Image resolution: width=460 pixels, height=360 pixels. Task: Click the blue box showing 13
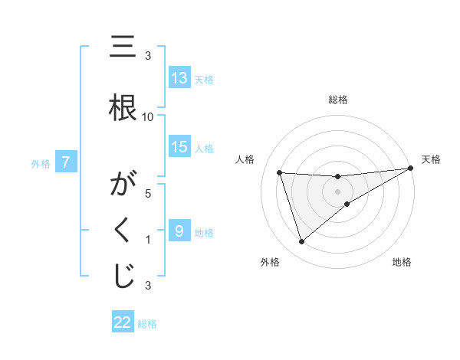179,78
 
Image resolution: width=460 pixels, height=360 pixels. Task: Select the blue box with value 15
179,147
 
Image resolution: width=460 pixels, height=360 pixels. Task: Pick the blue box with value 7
66,162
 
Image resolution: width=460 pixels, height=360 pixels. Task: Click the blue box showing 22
123,322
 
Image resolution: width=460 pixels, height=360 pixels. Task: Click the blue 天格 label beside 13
204,79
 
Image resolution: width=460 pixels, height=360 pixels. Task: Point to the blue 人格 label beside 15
204,148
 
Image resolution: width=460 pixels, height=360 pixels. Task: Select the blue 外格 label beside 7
41,163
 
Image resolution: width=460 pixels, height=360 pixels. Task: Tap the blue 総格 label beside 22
147,323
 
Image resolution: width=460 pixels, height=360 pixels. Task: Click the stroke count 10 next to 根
148,116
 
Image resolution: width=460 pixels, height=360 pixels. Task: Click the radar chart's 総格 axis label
338,100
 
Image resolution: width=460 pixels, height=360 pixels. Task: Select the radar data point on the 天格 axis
410,169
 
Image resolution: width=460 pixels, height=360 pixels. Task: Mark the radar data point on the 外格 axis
301,242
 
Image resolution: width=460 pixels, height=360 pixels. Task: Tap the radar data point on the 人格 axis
279,173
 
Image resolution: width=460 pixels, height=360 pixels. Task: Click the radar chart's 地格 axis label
402,262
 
